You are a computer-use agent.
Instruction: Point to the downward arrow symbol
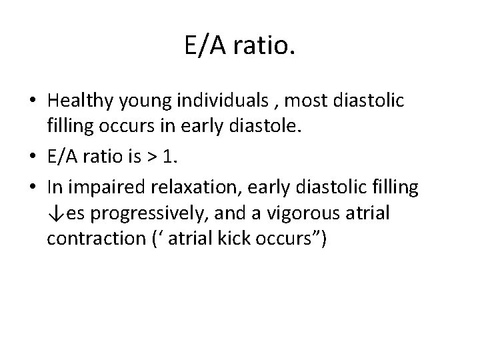[x=55, y=214]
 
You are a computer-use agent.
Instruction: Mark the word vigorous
[x=303, y=214]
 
